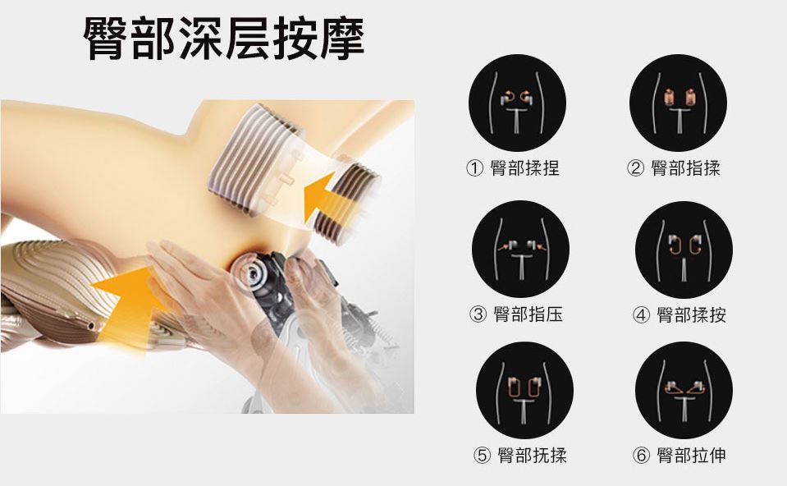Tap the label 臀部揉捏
[x=524, y=167]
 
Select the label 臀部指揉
[x=685, y=167]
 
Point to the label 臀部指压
[x=528, y=314]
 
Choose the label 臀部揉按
[x=691, y=314]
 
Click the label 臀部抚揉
[x=532, y=456]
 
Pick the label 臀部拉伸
[x=691, y=456]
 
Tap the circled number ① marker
[x=474, y=168]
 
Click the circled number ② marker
[x=635, y=168]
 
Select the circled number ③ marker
[x=478, y=314]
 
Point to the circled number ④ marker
[x=641, y=315]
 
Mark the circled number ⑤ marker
[x=482, y=456]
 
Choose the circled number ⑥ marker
[x=641, y=456]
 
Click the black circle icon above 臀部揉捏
[x=517, y=103]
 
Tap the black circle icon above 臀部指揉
[x=678, y=103]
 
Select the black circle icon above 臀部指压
[x=520, y=249]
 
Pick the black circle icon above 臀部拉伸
[x=684, y=390]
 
